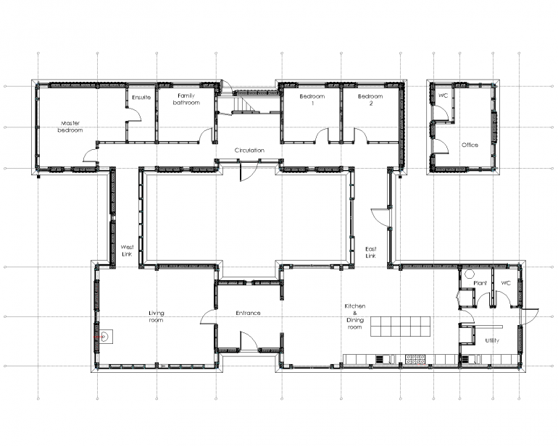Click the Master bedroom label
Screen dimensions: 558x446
coord(70,127)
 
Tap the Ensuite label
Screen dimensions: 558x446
coord(141,98)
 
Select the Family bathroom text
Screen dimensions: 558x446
coord(186,99)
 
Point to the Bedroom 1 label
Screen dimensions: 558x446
coord(312,100)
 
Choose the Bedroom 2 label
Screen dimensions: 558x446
coord(370,100)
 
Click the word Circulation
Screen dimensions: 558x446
coord(249,151)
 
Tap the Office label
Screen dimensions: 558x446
coord(470,145)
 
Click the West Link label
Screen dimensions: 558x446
coord(127,251)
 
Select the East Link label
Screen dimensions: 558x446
coord(370,252)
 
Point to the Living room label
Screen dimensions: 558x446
coord(157,316)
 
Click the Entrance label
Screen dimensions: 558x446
coord(248,313)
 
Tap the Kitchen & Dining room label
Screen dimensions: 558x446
coord(355,316)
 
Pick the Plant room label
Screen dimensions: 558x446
coord(480,283)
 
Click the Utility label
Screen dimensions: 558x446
coord(492,340)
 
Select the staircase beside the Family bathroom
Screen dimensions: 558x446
coord(245,104)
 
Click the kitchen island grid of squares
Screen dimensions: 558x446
coord(400,327)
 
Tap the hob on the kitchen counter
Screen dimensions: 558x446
coord(415,359)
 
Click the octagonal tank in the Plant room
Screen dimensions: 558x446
coord(470,274)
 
